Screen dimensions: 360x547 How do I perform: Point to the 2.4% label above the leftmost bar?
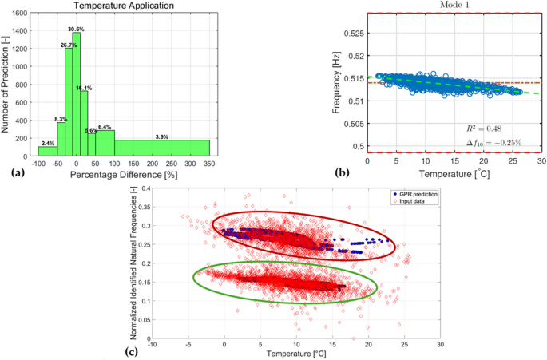(48, 142)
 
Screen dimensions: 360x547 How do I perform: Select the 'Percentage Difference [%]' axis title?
(125, 173)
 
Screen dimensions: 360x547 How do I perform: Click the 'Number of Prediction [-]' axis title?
(7, 83)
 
